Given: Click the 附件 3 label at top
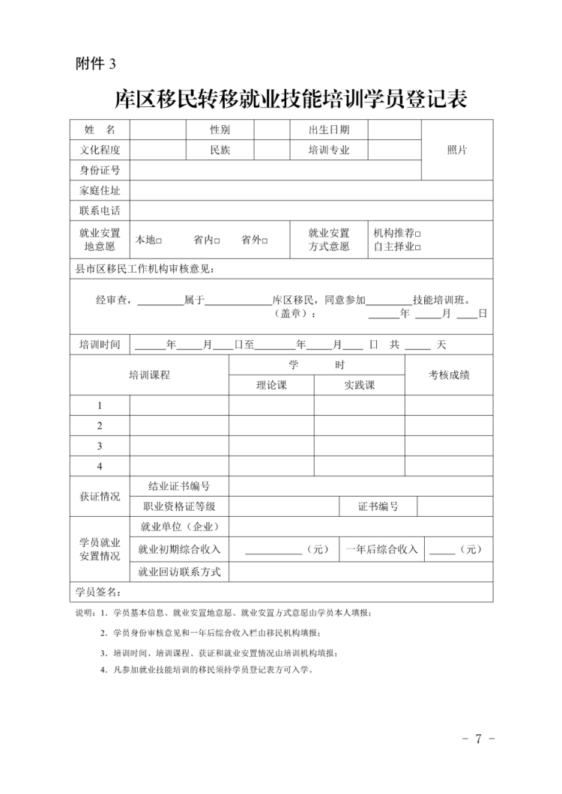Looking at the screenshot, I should tap(96, 64).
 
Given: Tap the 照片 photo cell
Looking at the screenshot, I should tap(457, 150).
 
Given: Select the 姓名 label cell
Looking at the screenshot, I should tap(100, 130).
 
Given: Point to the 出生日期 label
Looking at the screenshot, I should tap(328, 130).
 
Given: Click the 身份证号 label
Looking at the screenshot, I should tap(100, 170).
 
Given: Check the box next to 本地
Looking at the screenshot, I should tap(160, 241).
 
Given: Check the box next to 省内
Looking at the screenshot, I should tap(217, 241).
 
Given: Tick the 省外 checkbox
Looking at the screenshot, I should tap(265, 241).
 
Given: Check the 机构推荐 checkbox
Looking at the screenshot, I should tap(418, 234).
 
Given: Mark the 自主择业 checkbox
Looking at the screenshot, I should tap(418, 247).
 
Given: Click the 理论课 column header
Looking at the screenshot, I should tap(271, 385).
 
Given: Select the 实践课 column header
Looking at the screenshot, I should tap(359, 385).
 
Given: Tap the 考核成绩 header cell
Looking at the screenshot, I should tap(449, 375).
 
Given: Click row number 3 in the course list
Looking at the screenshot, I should tap(100, 446).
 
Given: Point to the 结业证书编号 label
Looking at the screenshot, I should tap(179, 486).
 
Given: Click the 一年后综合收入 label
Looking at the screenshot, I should tap(381, 549).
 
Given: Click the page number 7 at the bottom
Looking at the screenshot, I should tap(478, 739).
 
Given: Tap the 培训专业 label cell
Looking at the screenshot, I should tap(328, 150).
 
